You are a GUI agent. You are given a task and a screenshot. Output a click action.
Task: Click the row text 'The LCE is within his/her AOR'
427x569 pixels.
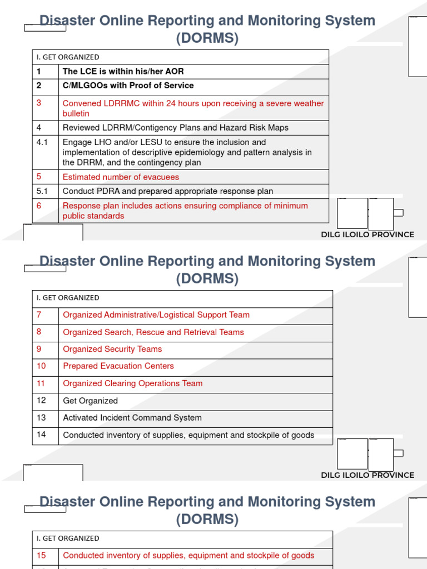[123, 71]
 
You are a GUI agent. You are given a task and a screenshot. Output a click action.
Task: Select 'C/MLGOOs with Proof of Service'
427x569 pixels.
[128, 86]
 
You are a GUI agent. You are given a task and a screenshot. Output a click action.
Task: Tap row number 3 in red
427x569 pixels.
[39, 103]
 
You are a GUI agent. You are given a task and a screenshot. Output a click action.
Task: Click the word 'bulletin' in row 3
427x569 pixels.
[76, 113]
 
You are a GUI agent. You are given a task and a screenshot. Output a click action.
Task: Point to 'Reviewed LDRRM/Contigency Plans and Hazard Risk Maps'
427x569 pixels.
[175, 128]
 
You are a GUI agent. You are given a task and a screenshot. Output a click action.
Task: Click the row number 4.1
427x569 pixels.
[42, 142]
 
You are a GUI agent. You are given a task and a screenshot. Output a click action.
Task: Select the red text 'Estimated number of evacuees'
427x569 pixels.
[121, 177]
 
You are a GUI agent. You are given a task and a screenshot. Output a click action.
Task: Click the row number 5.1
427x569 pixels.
[42, 191]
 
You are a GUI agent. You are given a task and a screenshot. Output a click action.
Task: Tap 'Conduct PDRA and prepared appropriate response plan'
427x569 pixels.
[167, 191]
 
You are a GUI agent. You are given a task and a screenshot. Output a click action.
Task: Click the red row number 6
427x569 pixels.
[39, 206]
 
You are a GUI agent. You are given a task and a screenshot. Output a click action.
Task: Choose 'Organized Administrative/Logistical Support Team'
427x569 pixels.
[156, 315]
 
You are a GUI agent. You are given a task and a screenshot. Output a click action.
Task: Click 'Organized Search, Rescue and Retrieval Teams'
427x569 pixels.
[153, 332]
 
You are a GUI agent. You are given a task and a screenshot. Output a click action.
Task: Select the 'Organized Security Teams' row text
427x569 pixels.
[112, 350]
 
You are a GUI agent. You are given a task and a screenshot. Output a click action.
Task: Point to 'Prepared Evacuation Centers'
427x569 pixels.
[118, 366]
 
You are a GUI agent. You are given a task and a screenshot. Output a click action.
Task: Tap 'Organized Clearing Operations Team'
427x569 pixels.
[133, 383]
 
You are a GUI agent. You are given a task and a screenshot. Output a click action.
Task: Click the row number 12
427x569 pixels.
[41, 400]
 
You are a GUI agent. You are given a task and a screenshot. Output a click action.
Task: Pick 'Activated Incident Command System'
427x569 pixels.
[132, 418]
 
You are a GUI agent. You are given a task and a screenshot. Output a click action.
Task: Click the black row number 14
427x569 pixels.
[41, 435]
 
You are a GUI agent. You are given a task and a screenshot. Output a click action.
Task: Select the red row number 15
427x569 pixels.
[41, 555]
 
